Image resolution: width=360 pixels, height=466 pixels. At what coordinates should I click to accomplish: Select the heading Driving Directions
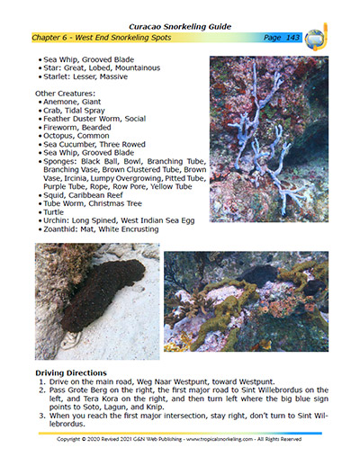point(71,372)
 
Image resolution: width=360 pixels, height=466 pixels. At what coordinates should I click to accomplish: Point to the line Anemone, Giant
point(73,102)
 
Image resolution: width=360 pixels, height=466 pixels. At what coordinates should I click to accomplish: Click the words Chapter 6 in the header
point(56,39)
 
